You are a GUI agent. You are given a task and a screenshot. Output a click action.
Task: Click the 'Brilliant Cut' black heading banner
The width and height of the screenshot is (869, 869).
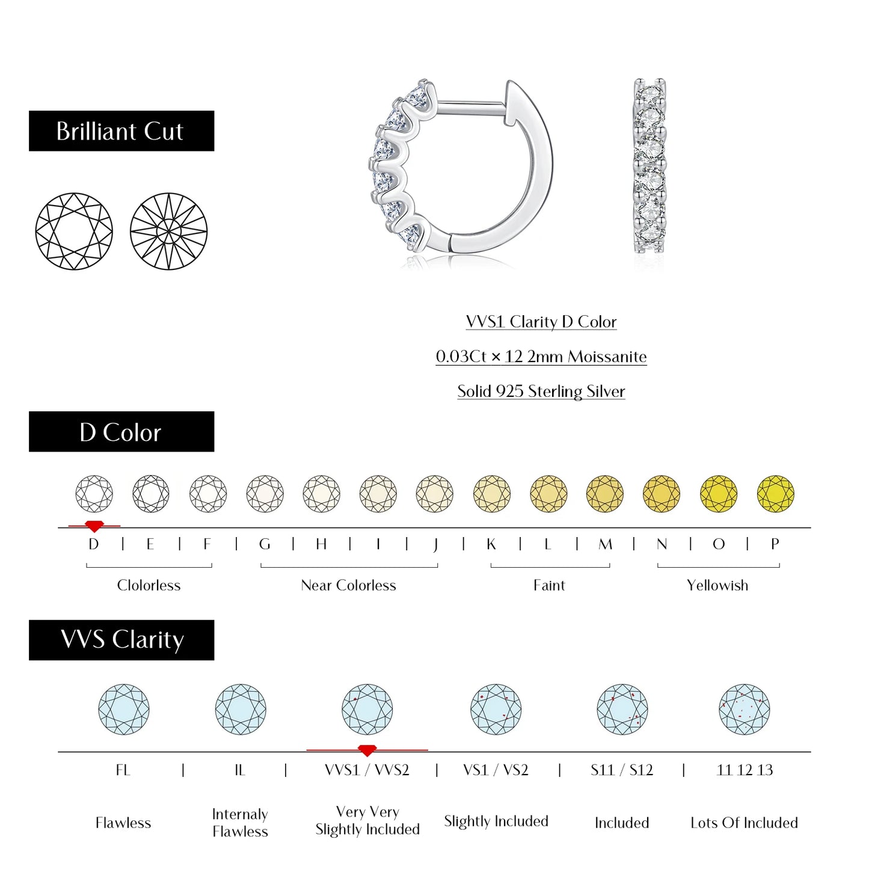121,131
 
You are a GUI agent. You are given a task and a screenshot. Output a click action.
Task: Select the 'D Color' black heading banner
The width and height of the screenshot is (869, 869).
121,432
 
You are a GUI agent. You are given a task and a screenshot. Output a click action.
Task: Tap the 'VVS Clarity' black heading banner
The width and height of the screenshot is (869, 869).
121,640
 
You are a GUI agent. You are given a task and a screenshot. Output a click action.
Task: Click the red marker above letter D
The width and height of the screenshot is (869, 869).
94,526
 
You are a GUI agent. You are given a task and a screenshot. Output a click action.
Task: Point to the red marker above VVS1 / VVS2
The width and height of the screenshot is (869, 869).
367,751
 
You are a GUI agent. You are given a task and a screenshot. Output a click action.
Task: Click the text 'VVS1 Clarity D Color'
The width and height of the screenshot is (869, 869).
541,322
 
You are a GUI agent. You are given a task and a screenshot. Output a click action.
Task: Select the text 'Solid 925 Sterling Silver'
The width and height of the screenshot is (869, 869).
541,392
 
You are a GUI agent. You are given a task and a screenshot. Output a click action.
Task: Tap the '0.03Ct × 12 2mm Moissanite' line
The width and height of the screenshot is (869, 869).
541,357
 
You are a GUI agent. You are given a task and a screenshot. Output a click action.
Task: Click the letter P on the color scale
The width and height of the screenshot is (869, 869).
775,544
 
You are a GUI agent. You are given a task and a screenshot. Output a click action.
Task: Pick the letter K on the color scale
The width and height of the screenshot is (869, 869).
491,544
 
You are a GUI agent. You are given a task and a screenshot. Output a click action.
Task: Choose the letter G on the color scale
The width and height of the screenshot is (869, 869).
265,544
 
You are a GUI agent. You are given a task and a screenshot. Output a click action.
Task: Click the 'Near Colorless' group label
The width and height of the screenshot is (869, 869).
348,585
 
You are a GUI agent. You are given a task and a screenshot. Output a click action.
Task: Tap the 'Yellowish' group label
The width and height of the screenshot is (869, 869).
717,585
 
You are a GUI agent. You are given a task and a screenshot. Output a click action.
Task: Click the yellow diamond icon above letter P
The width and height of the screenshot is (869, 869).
775,494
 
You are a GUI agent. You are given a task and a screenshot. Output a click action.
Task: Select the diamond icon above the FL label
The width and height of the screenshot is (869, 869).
124,709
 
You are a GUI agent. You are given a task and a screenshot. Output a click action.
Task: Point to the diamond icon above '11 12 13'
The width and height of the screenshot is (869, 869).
744,709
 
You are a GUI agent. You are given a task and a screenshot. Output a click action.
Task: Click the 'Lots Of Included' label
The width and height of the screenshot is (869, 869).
744,823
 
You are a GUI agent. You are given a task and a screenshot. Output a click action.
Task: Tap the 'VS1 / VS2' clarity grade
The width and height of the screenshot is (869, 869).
496,770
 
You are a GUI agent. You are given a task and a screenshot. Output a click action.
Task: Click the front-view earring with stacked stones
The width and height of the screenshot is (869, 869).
649,165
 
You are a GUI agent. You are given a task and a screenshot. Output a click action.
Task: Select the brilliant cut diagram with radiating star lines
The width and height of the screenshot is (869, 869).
168,232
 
